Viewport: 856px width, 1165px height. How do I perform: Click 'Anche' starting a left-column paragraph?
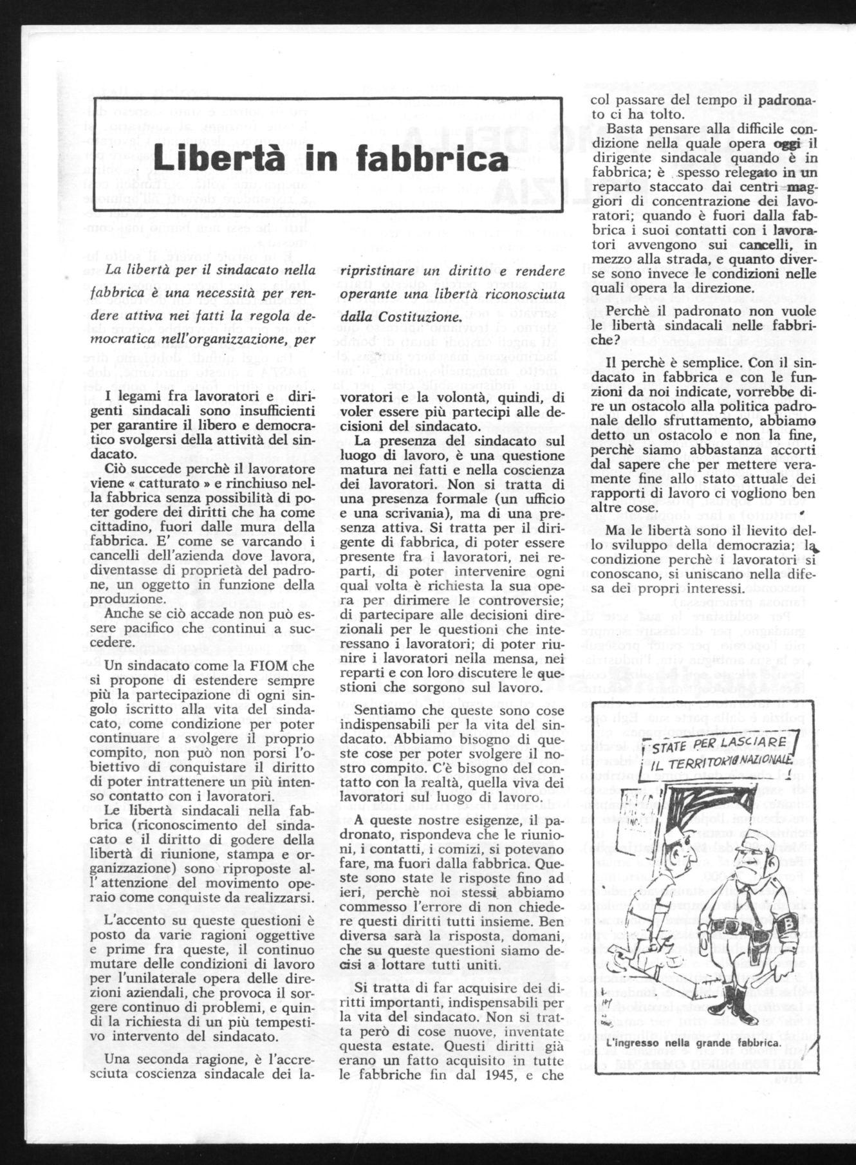(122, 614)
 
